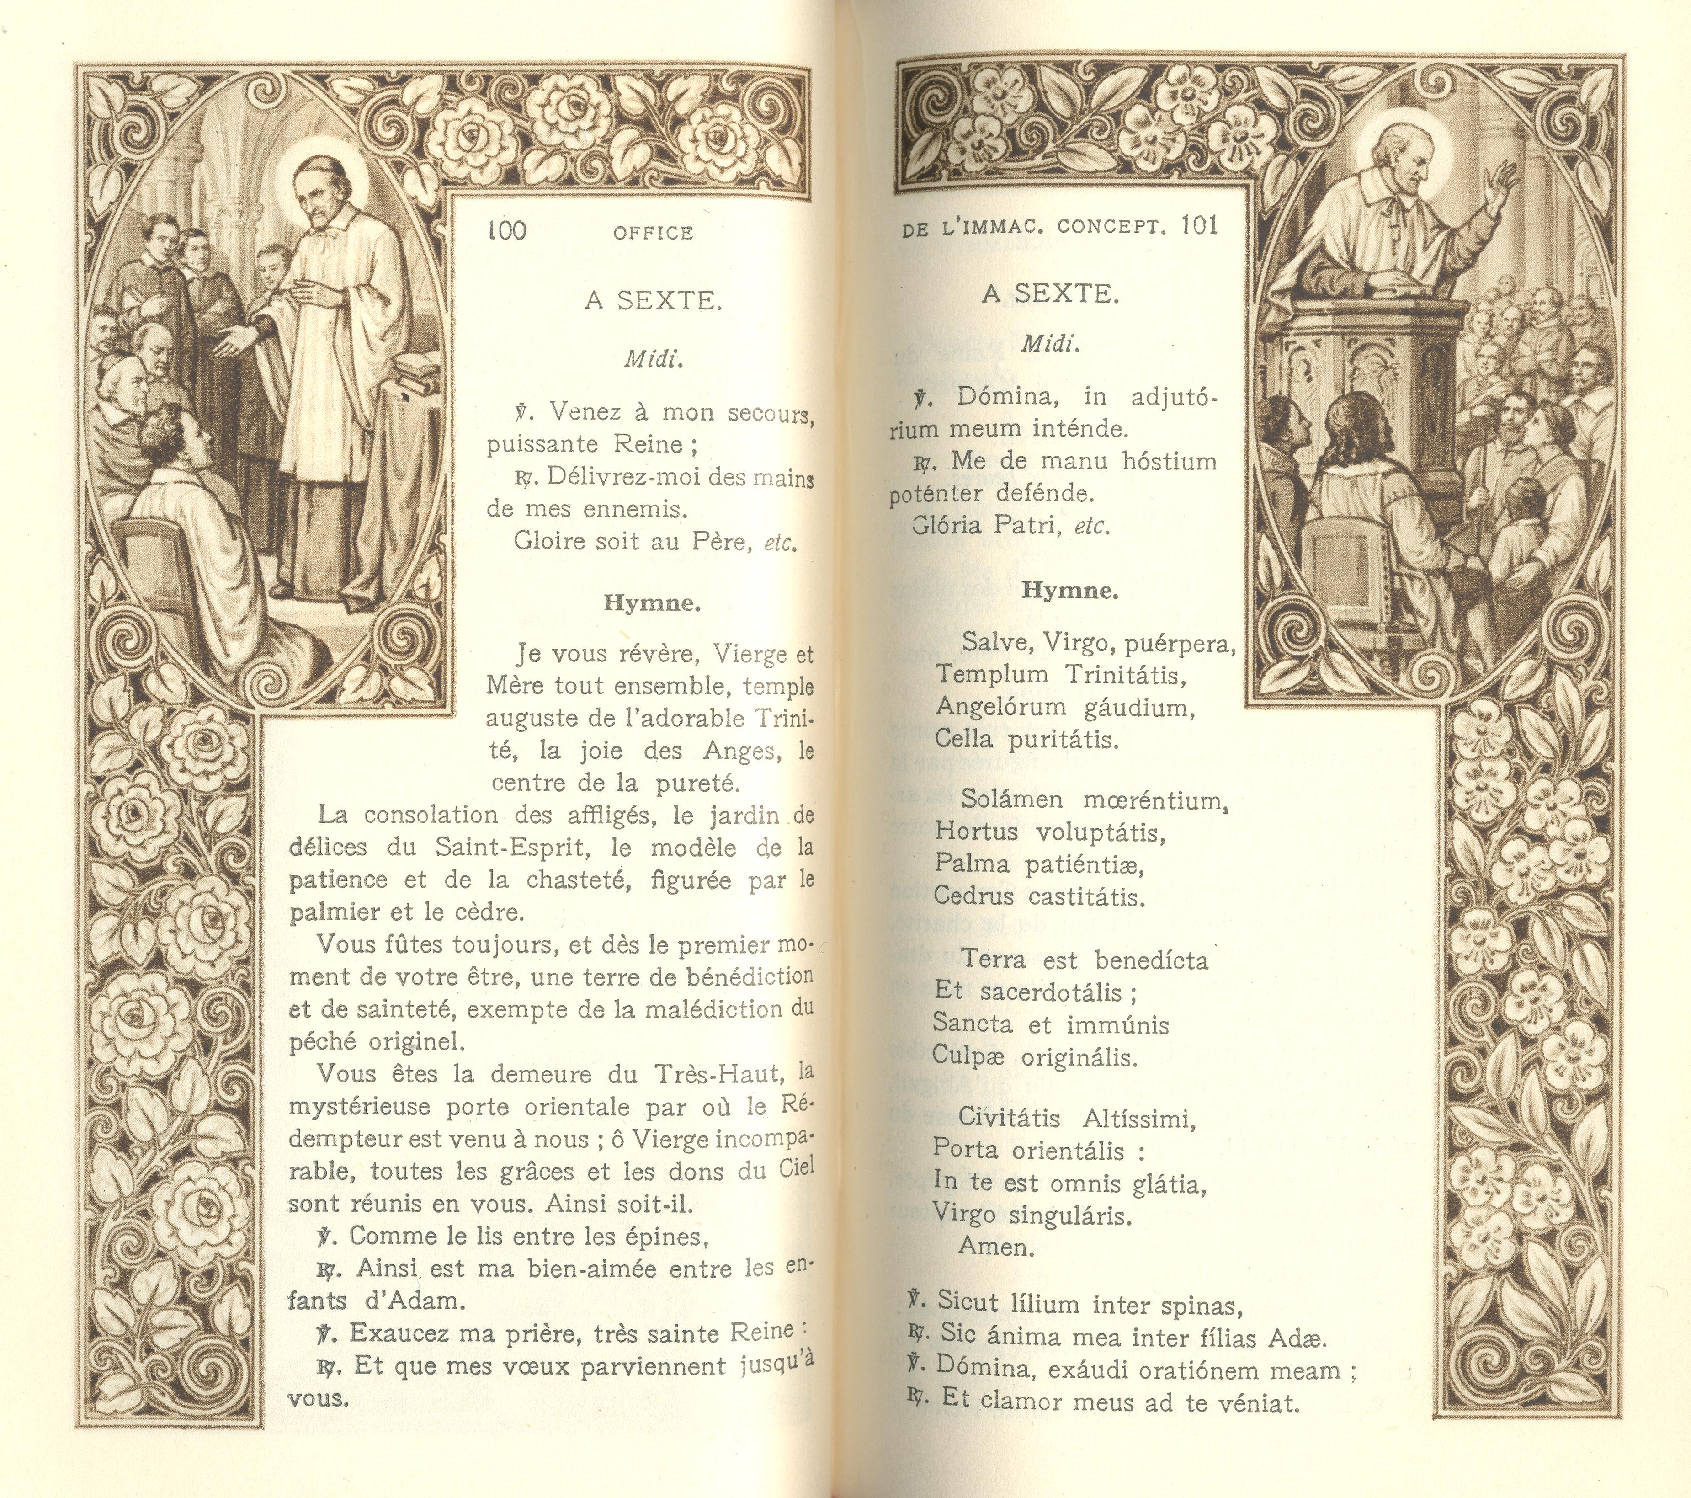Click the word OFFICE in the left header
653,234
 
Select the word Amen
996,1247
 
